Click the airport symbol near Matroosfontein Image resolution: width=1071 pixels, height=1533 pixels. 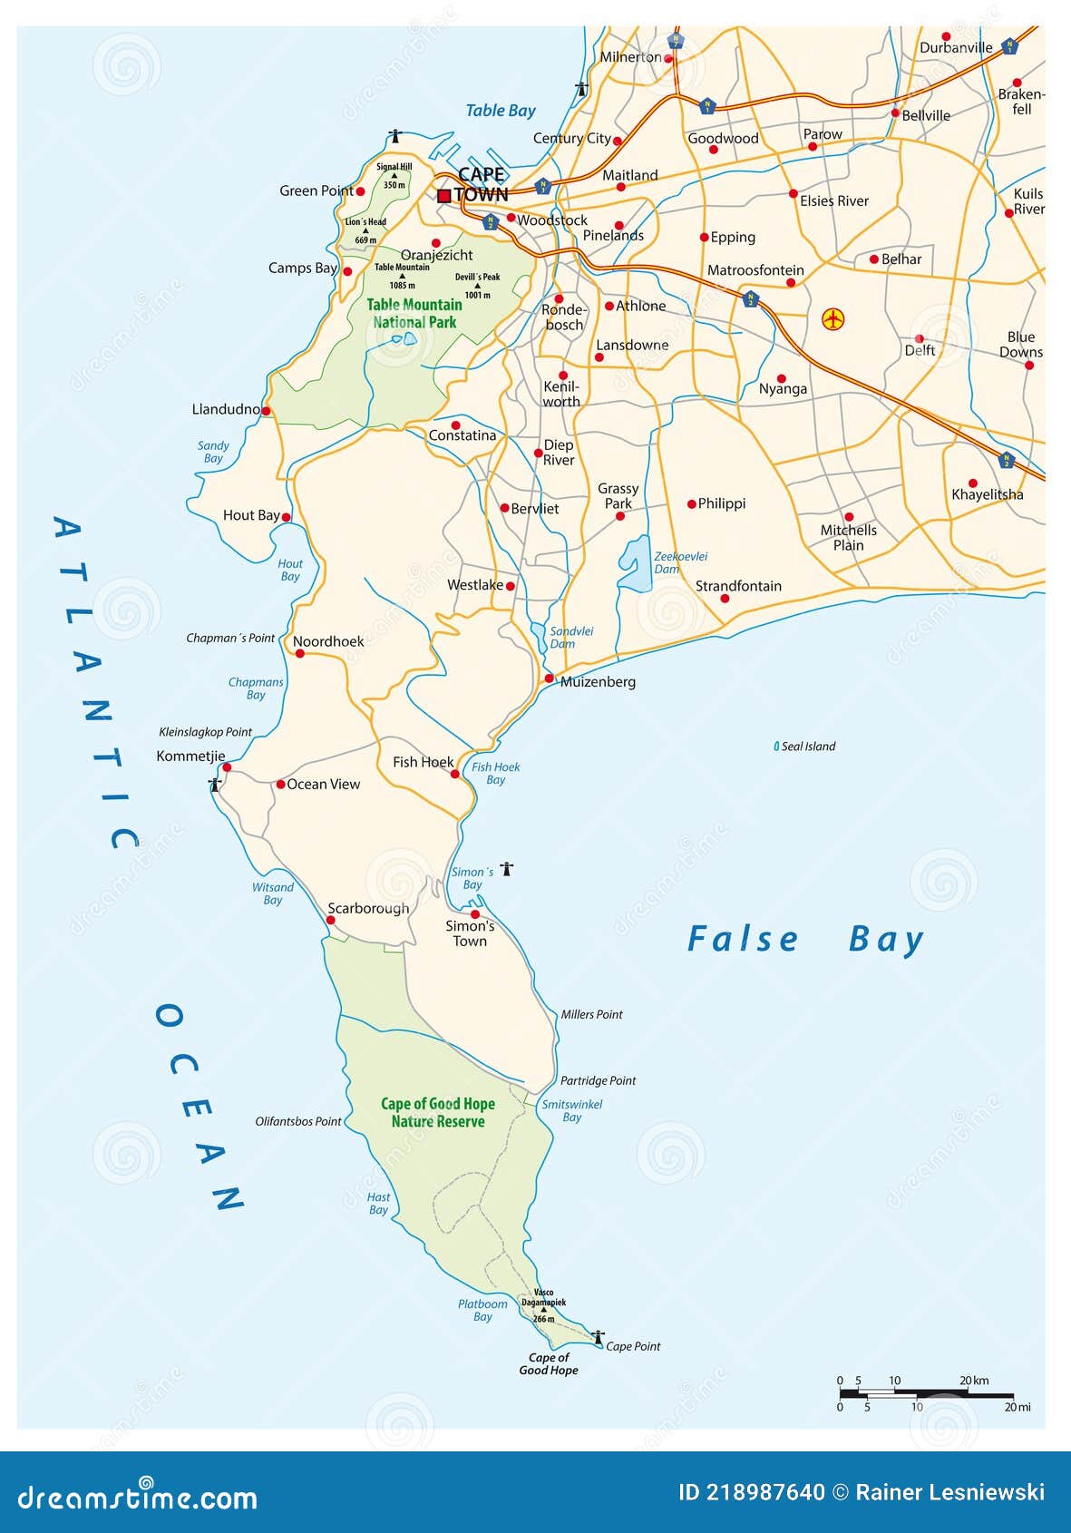pyautogui.click(x=832, y=319)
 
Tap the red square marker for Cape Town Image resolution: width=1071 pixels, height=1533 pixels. pyautogui.click(x=444, y=195)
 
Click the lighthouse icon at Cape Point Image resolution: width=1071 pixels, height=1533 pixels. pyautogui.click(x=598, y=1337)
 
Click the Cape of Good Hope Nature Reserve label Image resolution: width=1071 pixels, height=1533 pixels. pyautogui.click(x=438, y=1112)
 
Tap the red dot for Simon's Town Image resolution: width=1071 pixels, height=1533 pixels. pyautogui.click(x=475, y=914)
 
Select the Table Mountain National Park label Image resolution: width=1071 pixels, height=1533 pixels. pyautogui.click(x=414, y=313)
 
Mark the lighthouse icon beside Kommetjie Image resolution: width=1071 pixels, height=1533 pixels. pyautogui.click(x=215, y=784)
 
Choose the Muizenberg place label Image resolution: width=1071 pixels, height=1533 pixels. pyautogui.click(x=598, y=682)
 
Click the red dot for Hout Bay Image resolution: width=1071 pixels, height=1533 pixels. pyautogui.click(x=287, y=517)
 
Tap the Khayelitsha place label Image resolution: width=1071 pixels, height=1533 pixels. pyautogui.click(x=987, y=495)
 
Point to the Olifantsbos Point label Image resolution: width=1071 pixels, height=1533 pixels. pyautogui.click(x=297, y=1121)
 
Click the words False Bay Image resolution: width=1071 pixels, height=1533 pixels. pyautogui.click(x=804, y=940)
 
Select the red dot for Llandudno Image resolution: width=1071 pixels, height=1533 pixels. pyautogui.click(x=267, y=411)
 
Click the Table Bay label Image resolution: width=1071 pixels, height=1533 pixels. pyautogui.click(x=501, y=111)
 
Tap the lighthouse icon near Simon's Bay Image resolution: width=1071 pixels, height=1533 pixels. pyautogui.click(x=507, y=869)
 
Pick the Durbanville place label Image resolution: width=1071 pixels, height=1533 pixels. pyautogui.click(x=956, y=48)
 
